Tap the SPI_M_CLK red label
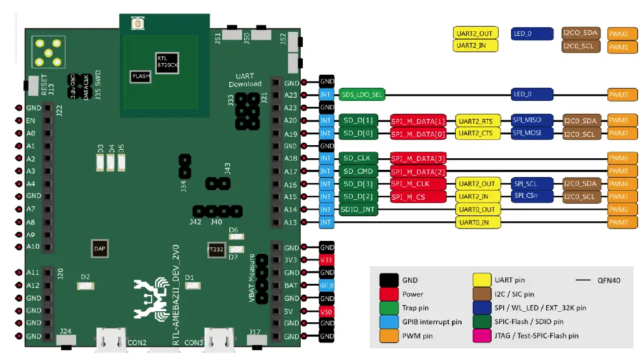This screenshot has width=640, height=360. pyautogui.click(x=418, y=184)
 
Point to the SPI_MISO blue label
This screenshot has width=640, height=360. pyautogui.click(x=532, y=120)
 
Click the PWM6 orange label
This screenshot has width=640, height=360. pyautogui.click(x=618, y=159)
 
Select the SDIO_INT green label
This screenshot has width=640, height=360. pyautogui.click(x=358, y=210)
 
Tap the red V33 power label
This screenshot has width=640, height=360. pyautogui.click(x=327, y=260)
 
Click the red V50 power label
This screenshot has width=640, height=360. pyautogui.click(x=327, y=311)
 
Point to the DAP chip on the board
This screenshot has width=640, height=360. pyautogui.click(x=100, y=248)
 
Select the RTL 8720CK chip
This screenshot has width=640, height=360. pyautogui.click(x=166, y=62)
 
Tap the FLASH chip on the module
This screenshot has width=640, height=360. pyautogui.click(x=140, y=76)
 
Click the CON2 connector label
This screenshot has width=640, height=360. pyautogui.click(x=137, y=342)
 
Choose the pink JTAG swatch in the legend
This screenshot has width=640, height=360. pyautogui.click(x=482, y=335)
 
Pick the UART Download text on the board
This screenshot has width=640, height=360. pyautogui.click(x=245, y=79)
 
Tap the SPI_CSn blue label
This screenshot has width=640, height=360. pyautogui.click(x=532, y=196)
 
